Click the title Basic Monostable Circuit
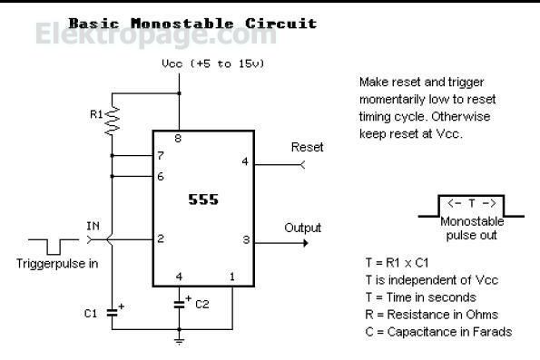point(192,24)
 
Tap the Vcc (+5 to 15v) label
point(213,63)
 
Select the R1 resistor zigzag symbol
point(112,121)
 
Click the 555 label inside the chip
point(203,199)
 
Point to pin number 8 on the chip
point(178,139)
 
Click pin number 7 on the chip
point(161,156)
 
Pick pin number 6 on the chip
point(161,177)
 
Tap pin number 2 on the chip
point(161,238)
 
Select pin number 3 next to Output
point(246,239)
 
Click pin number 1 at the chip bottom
point(232,277)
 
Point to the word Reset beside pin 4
point(307,147)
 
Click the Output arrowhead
point(306,243)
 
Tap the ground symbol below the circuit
point(179,342)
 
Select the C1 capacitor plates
point(112,313)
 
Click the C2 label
point(202,305)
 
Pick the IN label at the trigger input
point(93,226)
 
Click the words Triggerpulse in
point(57,264)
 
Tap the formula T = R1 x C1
point(398,263)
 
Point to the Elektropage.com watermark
point(156,34)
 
